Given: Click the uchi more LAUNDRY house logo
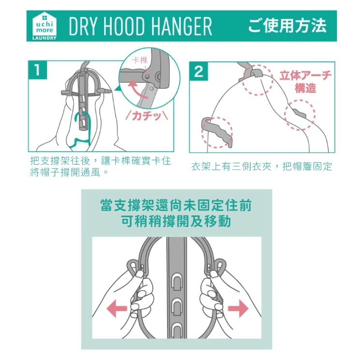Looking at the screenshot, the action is click(45, 26).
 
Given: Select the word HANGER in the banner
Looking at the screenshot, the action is click(182, 26).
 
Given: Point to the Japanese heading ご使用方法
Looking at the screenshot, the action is click(287, 26).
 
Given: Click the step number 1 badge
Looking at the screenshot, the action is click(37, 70).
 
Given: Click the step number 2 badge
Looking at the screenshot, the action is click(198, 71).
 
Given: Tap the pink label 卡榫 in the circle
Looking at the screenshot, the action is click(139, 60).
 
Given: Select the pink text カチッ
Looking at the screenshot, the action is click(147, 116).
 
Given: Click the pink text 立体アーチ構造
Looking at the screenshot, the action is click(305, 81).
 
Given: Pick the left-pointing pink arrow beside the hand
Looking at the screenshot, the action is click(117, 308).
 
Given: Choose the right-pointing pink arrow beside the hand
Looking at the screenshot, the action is click(238, 308).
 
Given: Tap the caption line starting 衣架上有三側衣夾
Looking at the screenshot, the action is click(261, 166).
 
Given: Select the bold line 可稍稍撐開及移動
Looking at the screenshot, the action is click(176, 221).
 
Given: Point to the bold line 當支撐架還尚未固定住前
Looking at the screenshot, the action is click(176, 205).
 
